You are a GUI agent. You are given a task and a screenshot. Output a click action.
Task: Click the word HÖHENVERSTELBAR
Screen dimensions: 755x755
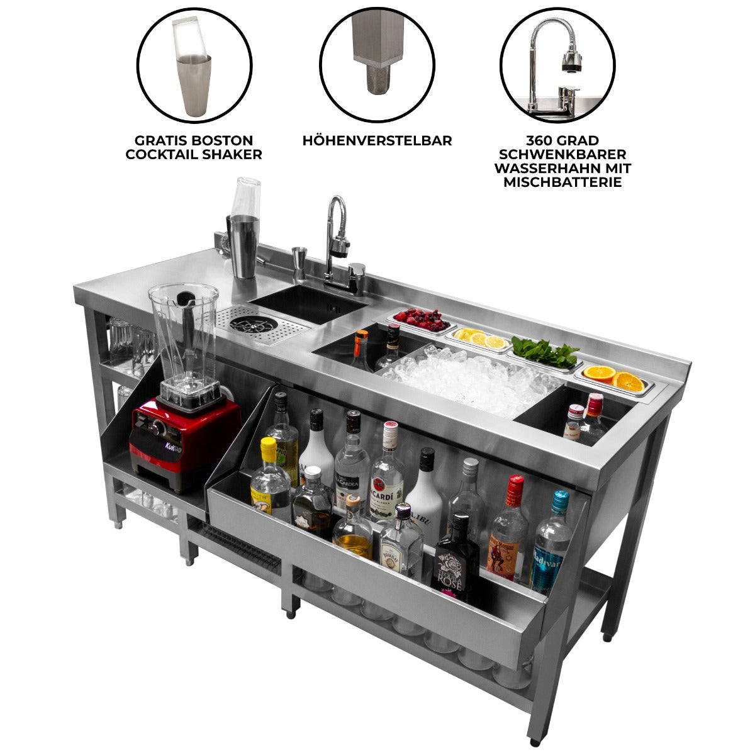377,141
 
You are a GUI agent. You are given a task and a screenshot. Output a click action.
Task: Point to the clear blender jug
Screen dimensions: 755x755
183,340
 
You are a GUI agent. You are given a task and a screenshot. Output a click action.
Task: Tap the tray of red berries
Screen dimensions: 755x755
421,320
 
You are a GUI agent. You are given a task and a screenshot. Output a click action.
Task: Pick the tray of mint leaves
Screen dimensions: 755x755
545,353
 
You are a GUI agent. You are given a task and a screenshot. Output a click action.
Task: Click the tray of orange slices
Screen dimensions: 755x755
613,378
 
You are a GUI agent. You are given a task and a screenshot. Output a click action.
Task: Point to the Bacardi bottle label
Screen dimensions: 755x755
386,493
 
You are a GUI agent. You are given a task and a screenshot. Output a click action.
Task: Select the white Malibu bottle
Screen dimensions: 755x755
425,497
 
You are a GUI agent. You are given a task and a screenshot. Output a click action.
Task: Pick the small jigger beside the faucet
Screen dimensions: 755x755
299,264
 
